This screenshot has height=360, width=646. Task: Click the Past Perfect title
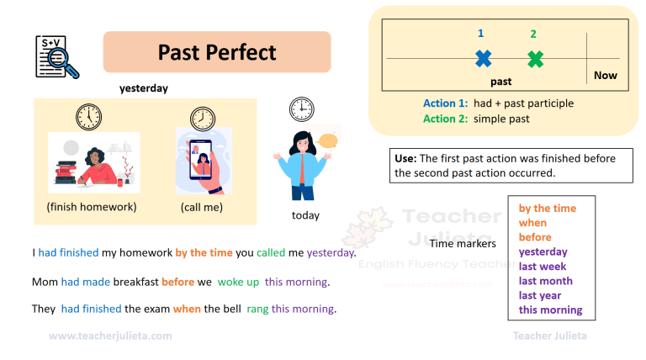(217, 52)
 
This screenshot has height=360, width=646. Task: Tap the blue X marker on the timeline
(483, 59)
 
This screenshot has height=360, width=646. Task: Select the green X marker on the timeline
(535, 59)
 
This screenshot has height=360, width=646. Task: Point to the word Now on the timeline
(605, 75)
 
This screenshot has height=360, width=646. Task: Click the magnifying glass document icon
(57, 56)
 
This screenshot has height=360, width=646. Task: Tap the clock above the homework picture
(88, 115)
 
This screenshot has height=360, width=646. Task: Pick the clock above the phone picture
(202, 118)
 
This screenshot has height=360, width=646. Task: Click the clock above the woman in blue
(301, 109)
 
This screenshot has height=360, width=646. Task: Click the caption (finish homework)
(92, 207)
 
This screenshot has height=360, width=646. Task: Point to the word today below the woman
(305, 215)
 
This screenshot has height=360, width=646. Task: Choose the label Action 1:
(445, 103)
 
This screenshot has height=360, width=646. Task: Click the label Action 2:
(445, 119)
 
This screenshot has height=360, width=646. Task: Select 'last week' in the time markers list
(543, 267)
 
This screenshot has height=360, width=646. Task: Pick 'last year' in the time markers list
(540, 295)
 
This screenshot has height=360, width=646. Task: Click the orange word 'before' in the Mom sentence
(177, 281)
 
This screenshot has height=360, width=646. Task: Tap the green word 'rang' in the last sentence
(257, 309)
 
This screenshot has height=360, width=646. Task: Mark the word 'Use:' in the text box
(405, 158)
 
